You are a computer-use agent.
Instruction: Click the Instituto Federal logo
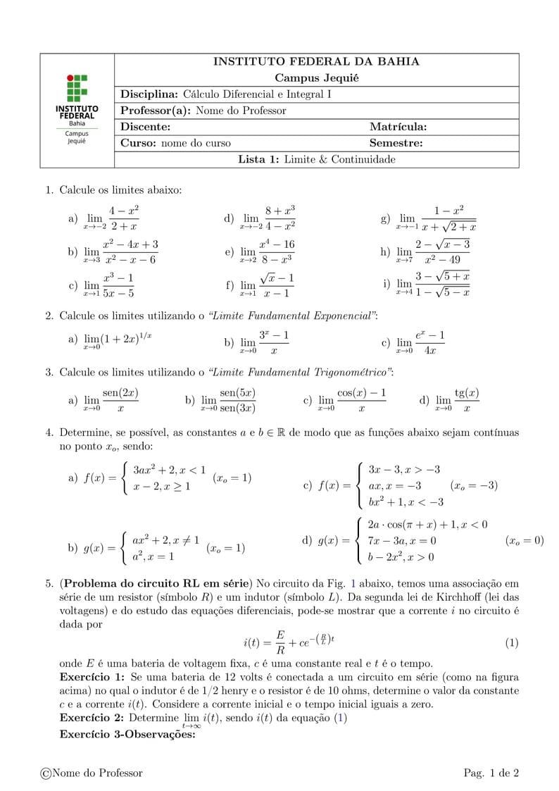coord(77,110)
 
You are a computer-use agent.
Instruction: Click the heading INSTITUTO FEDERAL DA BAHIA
coord(316,62)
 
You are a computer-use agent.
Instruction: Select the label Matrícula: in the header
coord(398,127)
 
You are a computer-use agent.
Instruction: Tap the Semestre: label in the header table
coord(396,143)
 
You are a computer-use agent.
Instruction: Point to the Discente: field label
coord(146,127)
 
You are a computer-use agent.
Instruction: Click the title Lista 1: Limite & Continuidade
coord(316,159)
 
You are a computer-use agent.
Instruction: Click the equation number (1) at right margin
coord(512,643)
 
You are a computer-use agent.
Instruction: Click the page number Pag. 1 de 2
coord(491,773)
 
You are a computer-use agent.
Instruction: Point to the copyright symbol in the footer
coord(46,773)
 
